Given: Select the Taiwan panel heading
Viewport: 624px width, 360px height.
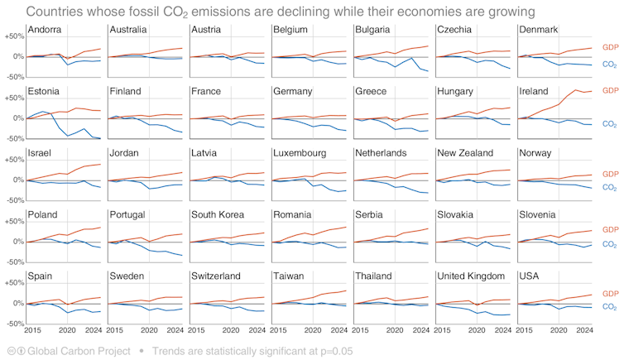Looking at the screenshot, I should pyautogui.click(x=291, y=276).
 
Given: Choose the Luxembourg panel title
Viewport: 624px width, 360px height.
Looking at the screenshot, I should pyautogui.click(x=304, y=153).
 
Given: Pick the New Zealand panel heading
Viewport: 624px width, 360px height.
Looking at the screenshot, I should pyautogui.click(x=467, y=153).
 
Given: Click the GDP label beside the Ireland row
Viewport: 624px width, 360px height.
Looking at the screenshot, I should pyautogui.click(x=610, y=89).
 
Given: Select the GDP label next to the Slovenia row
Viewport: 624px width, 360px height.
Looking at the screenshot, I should pyautogui.click(x=610, y=229).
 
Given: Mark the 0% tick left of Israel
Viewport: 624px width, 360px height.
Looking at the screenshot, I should pyautogui.click(x=16, y=180).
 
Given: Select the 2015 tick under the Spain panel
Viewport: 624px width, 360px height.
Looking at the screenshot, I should pyautogui.click(x=33, y=331).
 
